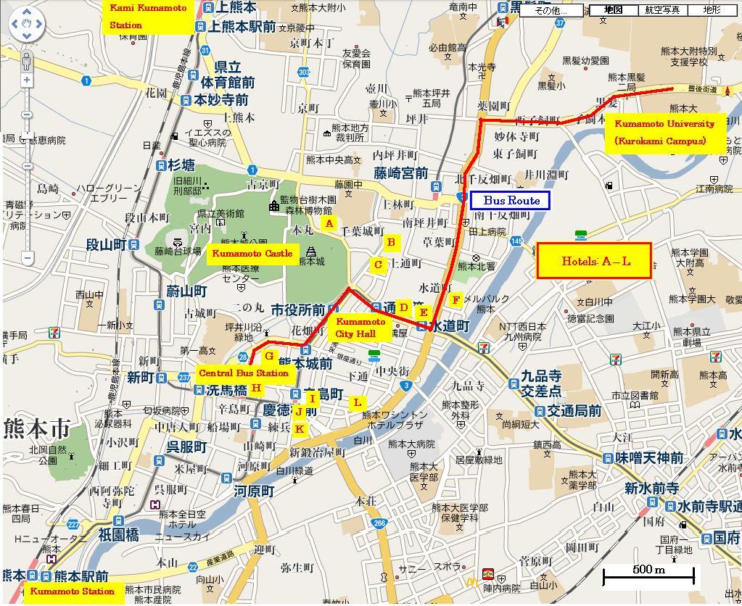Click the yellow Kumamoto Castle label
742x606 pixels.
click(251, 254)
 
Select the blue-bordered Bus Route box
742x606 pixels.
click(510, 201)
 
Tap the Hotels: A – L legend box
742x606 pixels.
click(592, 261)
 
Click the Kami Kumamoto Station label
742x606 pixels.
click(148, 17)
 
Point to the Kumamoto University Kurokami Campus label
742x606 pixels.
click(665, 132)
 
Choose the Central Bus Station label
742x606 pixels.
click(243, 373)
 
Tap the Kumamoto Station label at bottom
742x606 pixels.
click(72, 592)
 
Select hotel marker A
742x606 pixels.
click(329, 223)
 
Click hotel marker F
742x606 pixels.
click(455, 299)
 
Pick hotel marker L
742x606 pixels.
click(357, 402)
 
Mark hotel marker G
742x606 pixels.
click(268, 356)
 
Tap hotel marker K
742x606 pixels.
click(300, 428)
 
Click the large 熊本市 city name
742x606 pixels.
click(36, 428)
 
